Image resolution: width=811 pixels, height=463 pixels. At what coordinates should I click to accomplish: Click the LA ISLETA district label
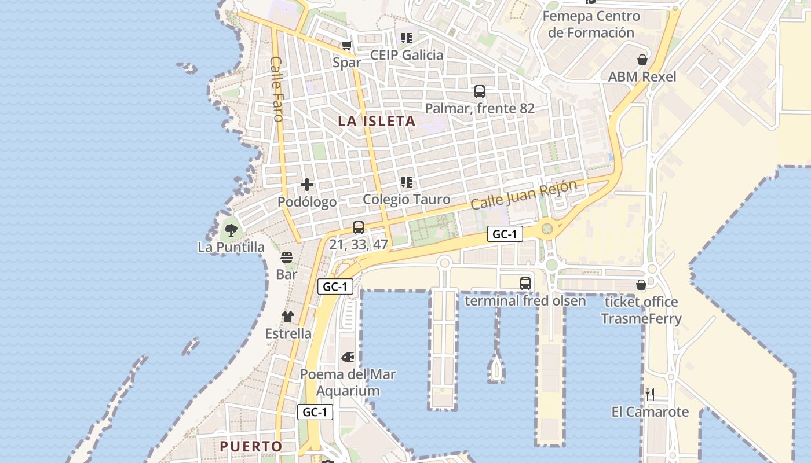(x=377, y=121)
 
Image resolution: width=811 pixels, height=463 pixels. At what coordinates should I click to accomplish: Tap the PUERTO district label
(x=251, y=446)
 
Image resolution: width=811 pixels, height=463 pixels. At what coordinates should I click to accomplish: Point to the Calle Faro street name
(x=277, y=89)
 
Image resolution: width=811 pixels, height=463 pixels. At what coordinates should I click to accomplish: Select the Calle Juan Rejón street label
(x=524, y=194)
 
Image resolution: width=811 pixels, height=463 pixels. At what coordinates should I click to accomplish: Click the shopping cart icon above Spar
(x=347, y=46)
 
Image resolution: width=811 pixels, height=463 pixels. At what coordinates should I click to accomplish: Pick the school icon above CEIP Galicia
(x=407, y=38)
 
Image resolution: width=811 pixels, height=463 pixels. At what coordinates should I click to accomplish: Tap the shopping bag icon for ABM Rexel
(x=642, y=60)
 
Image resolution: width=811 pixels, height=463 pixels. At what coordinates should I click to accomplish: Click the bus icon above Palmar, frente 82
(x=480, y=91)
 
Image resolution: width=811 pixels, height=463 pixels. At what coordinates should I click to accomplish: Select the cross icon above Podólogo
(x=307, y=185)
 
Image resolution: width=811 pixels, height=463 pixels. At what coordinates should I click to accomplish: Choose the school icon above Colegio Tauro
(x=407, y=182)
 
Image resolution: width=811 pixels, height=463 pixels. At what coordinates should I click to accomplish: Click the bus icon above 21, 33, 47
(x=359, y=227)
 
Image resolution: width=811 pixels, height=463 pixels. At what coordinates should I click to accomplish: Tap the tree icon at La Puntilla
(x=231, y=230)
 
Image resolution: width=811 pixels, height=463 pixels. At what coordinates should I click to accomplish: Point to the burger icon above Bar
(x=287, y=258)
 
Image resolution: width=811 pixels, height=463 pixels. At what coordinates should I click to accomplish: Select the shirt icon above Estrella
(x=288, y=317)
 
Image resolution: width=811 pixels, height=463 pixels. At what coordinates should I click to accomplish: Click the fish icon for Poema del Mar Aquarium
(x=348, y=357)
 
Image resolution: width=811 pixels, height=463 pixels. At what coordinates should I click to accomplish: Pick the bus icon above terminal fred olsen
(x=525, y=284)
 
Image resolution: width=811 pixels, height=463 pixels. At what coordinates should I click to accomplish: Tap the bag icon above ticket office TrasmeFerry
(x=641, y=285)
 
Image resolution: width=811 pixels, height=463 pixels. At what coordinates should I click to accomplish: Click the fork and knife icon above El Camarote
(x=650, y=395)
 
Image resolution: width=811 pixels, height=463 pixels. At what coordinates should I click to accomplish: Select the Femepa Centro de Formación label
(x=591, y=24)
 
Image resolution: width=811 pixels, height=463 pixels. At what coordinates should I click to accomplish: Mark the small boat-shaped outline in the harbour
(x=496, y=369)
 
